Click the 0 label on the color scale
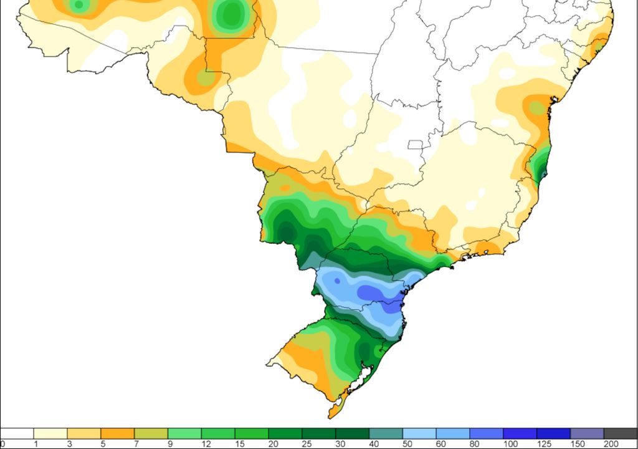3,443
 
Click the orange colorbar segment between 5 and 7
117,433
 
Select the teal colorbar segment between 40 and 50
386,433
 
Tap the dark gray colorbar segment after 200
620,433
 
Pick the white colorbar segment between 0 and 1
17,433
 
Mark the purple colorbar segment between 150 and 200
587,433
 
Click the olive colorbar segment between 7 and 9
151,433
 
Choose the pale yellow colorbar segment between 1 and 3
50,433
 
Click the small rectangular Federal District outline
415,145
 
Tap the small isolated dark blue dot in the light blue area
337,281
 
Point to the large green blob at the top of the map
232,15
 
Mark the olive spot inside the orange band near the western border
206,79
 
